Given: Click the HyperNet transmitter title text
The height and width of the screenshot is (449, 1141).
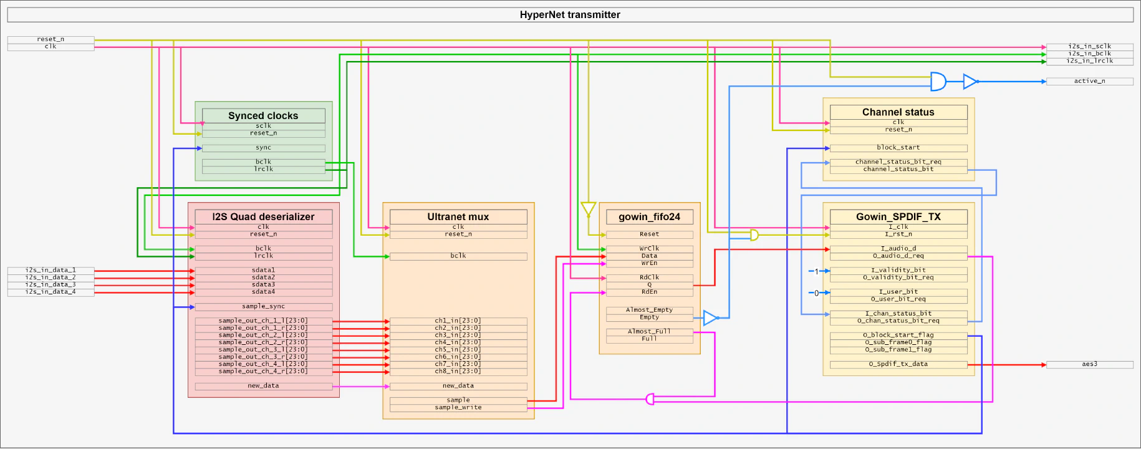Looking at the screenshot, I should tap(570, 14).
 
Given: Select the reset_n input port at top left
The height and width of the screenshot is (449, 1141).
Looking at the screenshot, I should tap(51, 39).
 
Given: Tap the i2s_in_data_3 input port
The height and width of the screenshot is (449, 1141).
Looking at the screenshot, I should tap(51, 284).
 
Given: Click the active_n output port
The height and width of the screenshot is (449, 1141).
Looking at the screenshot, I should tap(1089, 81).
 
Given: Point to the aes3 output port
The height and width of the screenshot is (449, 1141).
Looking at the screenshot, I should tap(1089, 364).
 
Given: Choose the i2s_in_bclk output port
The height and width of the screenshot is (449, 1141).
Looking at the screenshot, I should tap(1089, 54).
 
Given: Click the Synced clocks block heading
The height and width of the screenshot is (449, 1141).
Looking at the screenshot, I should tap(263, 115).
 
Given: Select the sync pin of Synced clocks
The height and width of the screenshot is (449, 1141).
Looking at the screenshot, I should tap(263, 148).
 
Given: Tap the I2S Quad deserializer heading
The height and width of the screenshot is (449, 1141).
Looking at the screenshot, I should tap(263, 216).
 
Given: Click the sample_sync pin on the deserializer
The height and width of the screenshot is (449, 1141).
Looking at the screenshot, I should tap(263, 306).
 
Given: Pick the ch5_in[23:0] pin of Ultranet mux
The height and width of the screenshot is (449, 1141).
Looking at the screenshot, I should tap(458, 349).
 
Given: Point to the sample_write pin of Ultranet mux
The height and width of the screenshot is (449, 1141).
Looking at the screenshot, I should tap(458, 407).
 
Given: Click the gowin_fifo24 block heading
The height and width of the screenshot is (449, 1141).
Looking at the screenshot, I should tap(649, 216).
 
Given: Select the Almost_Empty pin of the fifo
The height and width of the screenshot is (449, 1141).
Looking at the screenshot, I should tap(649, 309).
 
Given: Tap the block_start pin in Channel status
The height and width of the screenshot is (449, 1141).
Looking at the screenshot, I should tap(898, 148).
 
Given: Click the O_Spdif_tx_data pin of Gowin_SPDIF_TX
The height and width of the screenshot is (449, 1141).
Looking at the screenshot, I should tap(898, 364).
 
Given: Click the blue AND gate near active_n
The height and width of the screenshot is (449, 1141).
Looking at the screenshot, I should tap(938, 81).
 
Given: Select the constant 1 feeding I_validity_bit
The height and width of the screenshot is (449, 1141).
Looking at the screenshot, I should tap(816, 271).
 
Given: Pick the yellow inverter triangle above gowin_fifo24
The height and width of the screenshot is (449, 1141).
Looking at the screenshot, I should tap(588, 208).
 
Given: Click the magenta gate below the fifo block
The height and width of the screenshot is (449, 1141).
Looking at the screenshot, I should tap(650, 398).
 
